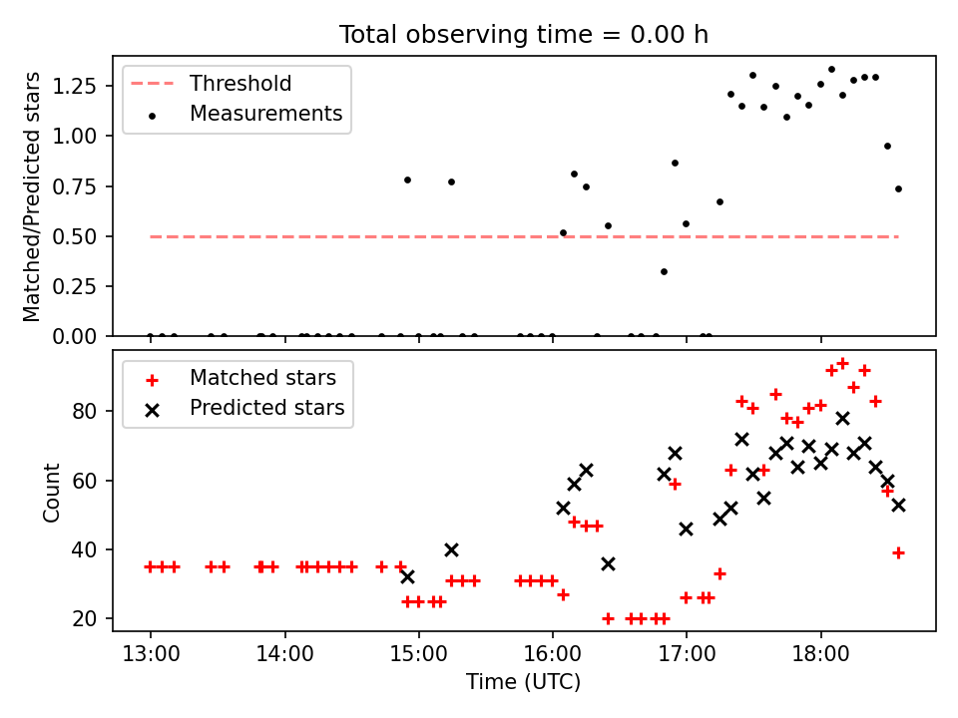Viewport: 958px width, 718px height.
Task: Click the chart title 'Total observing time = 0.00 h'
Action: click(x=524, y=35)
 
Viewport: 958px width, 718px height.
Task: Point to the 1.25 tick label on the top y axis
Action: click(x=75, y=86)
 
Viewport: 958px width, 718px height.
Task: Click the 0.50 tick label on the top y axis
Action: click(x=75, y=237)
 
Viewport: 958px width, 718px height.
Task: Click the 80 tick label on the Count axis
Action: click(x=84, y=412)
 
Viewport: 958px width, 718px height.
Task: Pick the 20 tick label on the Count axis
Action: click(x=84, y=619)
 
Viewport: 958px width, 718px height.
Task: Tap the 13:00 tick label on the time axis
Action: click(x=151, y=654)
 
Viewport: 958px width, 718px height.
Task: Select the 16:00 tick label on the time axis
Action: click(x=553, y=654)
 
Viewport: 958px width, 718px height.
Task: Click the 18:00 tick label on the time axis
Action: click(x=821, y=654)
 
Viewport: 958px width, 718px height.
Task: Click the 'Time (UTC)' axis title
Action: click(x=524, y=681)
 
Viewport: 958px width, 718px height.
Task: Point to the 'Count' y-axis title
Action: click(x=51, y=493)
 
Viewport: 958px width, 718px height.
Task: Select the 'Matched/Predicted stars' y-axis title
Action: click(x=31, y=196)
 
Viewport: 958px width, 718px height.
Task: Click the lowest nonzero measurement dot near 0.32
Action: click(x=665, y=271)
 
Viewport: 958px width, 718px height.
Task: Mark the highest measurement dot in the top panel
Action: click(x=831, y=70)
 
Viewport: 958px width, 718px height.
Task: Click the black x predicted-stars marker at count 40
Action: click(x=451, y=550)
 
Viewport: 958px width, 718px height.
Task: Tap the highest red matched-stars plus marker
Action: click(x=842, y=364)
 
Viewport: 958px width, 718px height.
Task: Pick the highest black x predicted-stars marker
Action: click(x=842, y=418)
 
